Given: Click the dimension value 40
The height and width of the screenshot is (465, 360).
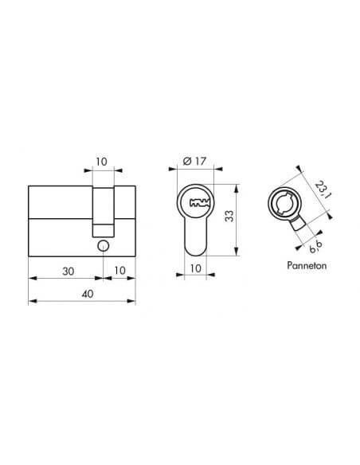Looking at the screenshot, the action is (x=88, y=294).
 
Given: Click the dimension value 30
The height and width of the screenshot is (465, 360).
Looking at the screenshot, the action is (x=68, y=271).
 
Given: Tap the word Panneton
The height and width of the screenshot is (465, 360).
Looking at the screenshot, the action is (x=307, y=265).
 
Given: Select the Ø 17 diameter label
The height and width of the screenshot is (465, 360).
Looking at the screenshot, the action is (x=194, y=162).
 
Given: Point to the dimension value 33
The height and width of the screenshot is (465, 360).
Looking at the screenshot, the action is (x=229, y=216).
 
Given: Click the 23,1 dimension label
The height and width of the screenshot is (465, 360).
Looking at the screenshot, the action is (x=323, y=190).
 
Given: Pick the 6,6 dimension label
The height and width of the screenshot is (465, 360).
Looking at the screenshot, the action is (x=315, y=247).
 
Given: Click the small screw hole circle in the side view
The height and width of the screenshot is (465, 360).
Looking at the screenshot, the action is (x=104, y=246).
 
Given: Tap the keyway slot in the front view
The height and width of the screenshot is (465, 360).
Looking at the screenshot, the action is (x=199, y=203).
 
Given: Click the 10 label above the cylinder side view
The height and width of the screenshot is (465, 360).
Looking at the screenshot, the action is (x=101, y=162).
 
